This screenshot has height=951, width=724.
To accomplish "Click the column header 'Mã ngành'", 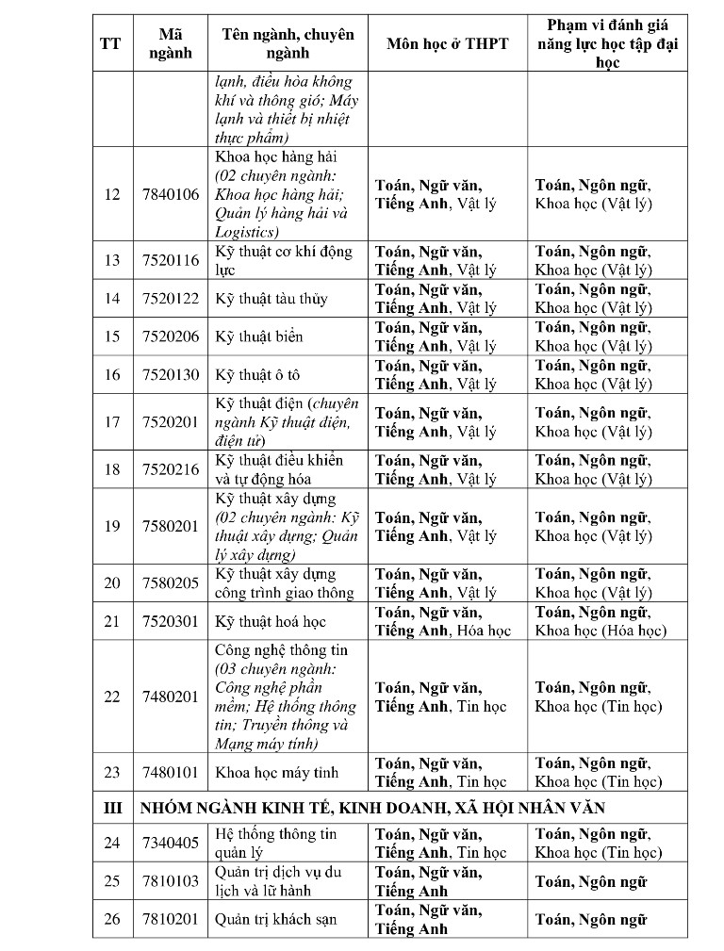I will pyautogui.click(x=171, y=43).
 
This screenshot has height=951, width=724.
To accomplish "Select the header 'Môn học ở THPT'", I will pyautogui.click(x=448, y=43).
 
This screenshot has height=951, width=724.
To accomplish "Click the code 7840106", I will pyautogui.click(x=171, y=194).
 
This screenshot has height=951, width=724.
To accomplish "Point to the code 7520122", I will pyautogui.click(x=171, y=299).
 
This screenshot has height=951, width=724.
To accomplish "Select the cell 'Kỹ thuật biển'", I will pyautogui.click(x=259, y=336).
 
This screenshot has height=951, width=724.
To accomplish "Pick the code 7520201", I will pyautogui.click(x=171, y=421).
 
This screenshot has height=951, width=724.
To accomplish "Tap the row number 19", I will pyautogui.click(x=112, y=526).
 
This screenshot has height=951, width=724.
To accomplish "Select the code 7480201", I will pyautogui.click(x=171, y=697).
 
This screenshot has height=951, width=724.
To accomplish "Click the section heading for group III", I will pyautogui.click(x=372, y=808).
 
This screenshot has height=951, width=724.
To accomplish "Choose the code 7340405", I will pyautogui.click(x=171, y=843).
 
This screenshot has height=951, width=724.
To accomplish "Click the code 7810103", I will pyautogui.click(x=171, y=881).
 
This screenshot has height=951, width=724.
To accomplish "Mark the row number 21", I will pyautogui.click(x=112, y=621).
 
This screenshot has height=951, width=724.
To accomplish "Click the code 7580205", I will pyautogui.click(x=171, y=582).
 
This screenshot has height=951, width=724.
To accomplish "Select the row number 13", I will pyautogui.click(x=112, y=260).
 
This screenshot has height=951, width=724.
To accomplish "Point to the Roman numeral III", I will pyautogui.click(x=112, y=808).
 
